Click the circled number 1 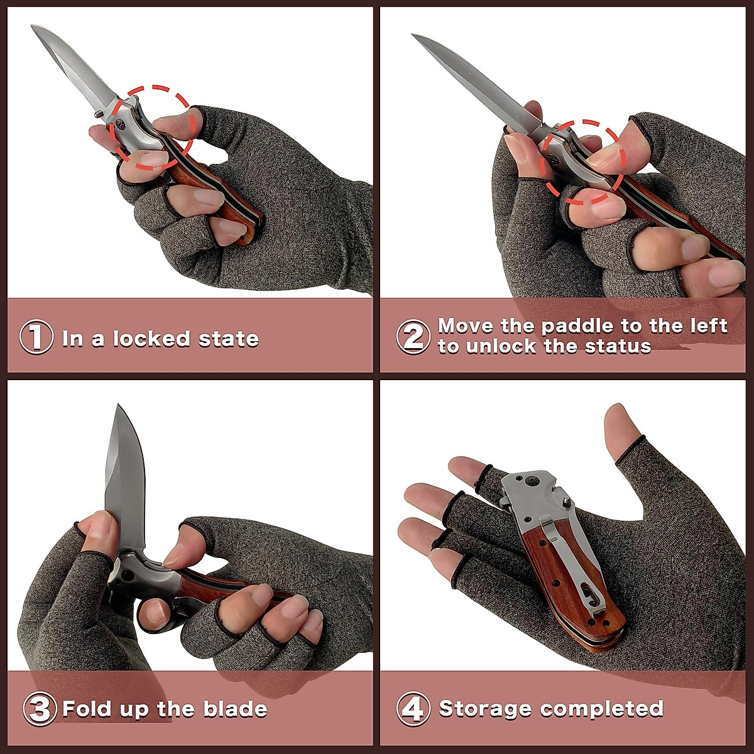click(x=36, y=338)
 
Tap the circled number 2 click(x=413, y=336)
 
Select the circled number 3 click(x=40, y=709)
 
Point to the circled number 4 click(x=413, y=709)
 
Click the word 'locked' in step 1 click(x=153, y=339)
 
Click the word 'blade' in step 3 click(x=235, y=709)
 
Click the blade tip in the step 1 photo click(x=33, y=27)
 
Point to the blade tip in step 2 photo click(x=414, y=36)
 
